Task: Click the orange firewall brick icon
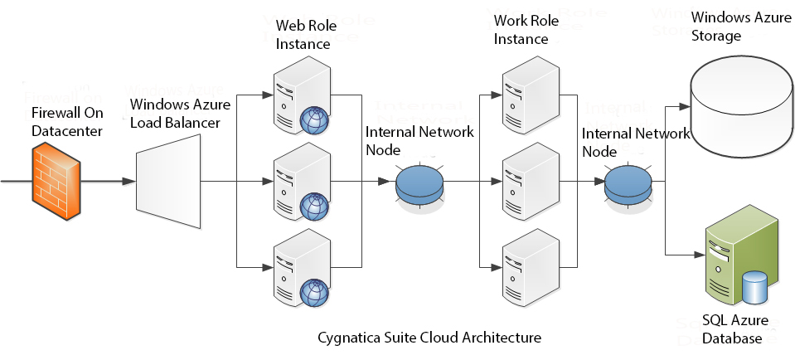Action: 56,181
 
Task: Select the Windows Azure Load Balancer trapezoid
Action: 167,181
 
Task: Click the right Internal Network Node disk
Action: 629,182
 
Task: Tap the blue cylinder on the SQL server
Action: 756,287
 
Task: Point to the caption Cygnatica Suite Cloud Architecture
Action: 429,338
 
